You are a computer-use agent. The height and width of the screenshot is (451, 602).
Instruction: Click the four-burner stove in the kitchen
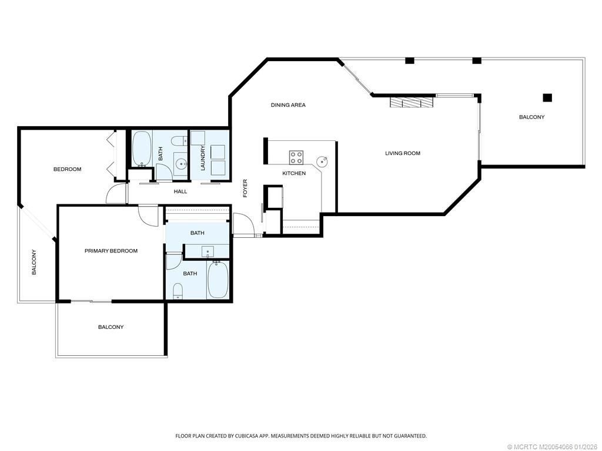296,157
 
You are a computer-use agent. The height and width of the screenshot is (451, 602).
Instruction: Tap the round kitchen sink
322,160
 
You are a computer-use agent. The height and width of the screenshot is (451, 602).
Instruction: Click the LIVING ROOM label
403,153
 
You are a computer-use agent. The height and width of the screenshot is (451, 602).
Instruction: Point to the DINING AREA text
288,105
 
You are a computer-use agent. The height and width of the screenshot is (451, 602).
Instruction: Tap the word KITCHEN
294,173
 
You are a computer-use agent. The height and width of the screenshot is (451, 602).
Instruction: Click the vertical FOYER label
245,188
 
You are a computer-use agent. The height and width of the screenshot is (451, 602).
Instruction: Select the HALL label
180,191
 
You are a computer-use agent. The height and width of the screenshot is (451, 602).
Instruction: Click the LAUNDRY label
202,158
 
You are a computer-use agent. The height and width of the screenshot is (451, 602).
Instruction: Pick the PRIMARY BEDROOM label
111,251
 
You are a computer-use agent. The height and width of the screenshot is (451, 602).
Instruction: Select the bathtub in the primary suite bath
218,281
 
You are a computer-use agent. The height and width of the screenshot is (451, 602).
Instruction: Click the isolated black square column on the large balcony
547,97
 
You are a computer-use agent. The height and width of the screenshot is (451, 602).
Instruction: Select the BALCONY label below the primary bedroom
111,327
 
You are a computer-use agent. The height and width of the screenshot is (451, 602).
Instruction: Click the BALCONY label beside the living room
531,117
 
